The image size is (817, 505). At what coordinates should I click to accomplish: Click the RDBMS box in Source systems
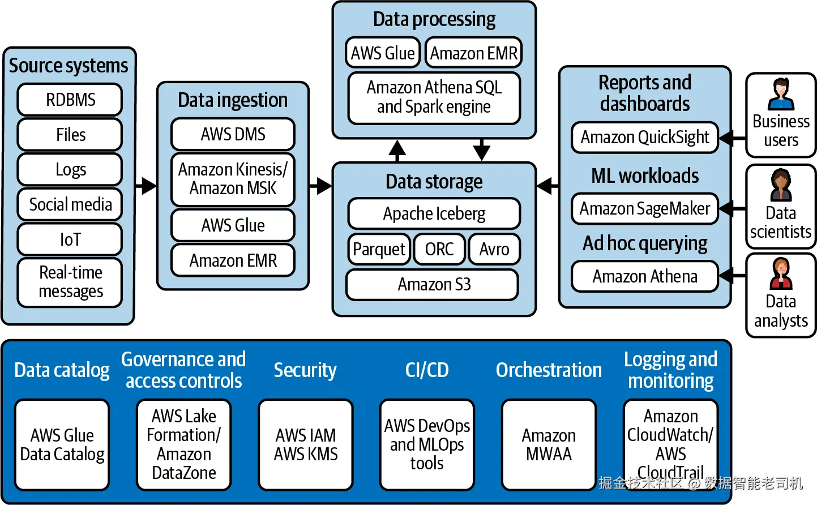click(70, 100)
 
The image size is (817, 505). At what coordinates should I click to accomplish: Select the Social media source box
click(70, 204)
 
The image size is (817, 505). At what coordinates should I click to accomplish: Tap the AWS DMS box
click(233, 134)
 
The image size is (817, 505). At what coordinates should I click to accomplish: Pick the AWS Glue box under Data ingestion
click(233, 225)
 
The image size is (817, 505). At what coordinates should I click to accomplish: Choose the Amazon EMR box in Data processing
click(473, 53)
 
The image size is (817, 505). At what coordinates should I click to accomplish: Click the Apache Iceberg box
click(434, 213)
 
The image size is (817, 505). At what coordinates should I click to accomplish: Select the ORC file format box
click(439, 249)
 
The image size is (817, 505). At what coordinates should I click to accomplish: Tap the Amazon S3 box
click(433, 284)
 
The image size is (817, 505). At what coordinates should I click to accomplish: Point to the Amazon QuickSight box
click(644, 137)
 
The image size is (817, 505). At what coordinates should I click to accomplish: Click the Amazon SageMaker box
click(644, 208)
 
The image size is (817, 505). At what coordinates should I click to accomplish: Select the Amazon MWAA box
click(549, 444)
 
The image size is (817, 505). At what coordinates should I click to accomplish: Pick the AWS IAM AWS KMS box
click(306, 444)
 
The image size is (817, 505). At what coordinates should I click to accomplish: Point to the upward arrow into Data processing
click(397, 149)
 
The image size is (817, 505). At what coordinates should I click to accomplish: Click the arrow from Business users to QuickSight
click(732, 138)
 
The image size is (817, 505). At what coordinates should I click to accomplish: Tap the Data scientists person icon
click(781, 185)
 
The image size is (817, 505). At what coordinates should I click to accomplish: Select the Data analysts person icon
click(781, 273)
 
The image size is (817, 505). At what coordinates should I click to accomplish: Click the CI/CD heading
click(427, 370)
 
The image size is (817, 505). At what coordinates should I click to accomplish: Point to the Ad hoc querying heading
click(645, 243)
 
